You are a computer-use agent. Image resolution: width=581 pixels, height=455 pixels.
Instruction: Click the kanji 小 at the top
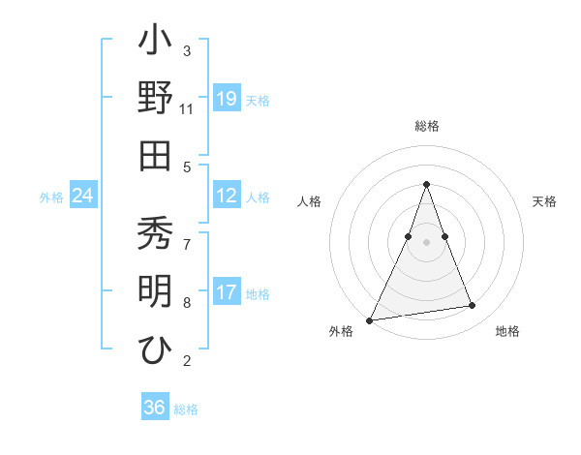155,43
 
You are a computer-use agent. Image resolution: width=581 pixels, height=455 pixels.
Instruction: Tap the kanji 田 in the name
155,156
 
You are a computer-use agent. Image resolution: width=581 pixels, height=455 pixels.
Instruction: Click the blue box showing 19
227,99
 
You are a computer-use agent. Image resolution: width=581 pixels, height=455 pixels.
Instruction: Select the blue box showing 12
227,197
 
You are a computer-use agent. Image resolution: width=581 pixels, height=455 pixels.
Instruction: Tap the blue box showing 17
227,293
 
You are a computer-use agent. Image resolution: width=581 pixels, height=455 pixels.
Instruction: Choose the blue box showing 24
83,197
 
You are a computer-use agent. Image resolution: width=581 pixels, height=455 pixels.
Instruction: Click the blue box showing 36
155,408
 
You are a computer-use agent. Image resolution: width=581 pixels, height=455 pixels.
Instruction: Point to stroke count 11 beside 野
186,108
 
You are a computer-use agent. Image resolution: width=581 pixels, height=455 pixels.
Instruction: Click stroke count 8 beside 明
187,304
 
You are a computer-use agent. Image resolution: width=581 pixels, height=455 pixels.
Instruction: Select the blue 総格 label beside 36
186,409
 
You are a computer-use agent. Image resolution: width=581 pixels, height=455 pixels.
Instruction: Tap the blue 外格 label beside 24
51,197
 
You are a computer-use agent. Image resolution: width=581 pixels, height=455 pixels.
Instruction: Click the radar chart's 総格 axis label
426,126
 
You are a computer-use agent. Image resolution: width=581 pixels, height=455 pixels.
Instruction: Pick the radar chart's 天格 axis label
545,201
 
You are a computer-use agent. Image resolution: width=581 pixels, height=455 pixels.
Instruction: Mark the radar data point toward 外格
370,319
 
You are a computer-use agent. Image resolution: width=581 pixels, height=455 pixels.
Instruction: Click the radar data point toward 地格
473,306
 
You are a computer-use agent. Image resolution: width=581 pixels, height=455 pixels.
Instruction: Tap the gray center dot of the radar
426,242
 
